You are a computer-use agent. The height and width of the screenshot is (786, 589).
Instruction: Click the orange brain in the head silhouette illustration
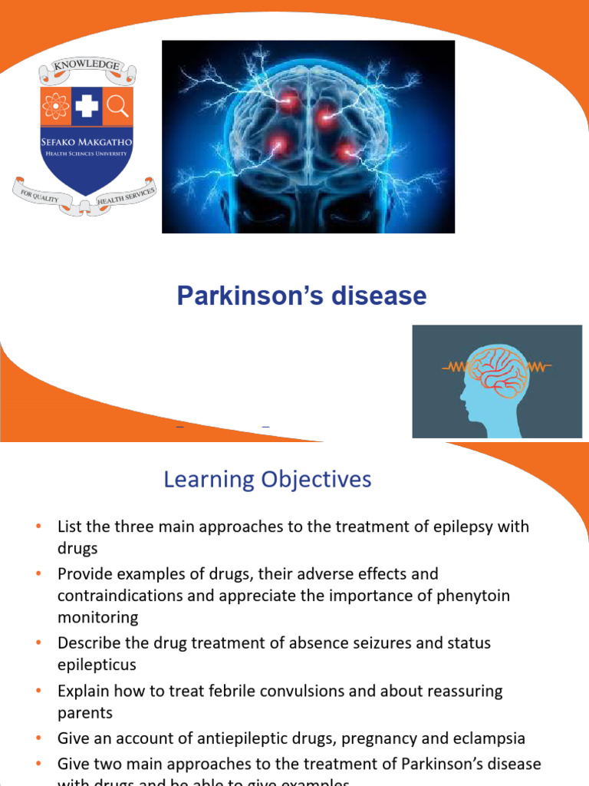click(x=498, y=372)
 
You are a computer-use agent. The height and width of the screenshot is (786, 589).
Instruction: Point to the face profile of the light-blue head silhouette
click(x=467, y=391)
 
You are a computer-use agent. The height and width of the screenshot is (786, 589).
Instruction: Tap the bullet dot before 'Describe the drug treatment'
click(x=39, y=642)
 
